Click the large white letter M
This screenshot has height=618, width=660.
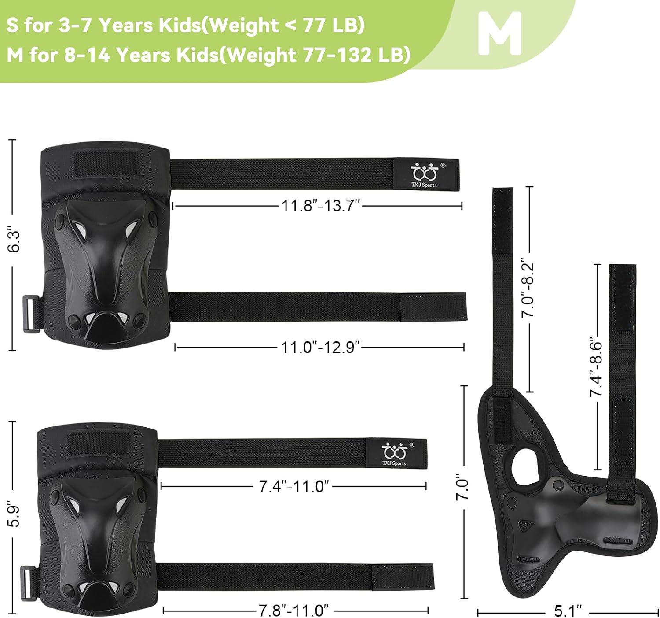coord(500,33)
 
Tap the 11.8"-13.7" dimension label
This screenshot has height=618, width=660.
coord(321,206)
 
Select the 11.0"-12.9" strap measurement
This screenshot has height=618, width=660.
coord(320,348)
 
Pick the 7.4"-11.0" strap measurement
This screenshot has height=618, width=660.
coord(294,487)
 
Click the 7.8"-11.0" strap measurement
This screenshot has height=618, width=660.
coord(294,611)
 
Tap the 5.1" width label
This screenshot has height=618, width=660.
coord(568,611)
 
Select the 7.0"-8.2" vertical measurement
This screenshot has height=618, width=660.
coord(528,288)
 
